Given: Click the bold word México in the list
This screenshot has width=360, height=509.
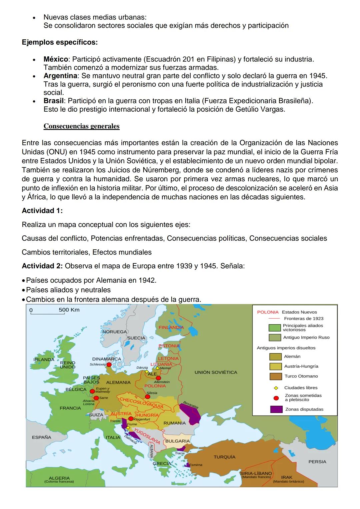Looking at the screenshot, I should point(56,59).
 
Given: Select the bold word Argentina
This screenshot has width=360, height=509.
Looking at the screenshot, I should point(60,76).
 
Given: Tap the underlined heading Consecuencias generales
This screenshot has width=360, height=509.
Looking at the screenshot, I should point(81,126).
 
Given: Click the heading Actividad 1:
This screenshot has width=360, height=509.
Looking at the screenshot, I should point(42,211).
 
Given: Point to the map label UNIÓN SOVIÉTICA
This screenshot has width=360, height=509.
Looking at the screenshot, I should point(216,372).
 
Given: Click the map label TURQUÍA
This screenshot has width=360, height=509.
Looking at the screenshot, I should point(224,457).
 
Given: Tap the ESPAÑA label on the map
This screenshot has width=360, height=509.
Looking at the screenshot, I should point(41,437).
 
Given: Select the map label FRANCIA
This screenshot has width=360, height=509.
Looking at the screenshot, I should point(70,408).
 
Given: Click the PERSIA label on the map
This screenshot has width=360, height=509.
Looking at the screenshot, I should point(317,462).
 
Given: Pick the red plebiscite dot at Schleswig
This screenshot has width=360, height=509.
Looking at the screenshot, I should point(109,365).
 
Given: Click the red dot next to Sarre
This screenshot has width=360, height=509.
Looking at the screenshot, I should point(96,398).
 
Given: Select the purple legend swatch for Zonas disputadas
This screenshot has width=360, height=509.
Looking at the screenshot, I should point(276,409).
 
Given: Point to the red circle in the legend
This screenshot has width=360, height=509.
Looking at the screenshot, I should point(276,398).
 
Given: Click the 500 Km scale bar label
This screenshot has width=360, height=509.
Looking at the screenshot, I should point(69,310).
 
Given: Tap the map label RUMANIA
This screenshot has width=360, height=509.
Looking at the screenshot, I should point(174,423).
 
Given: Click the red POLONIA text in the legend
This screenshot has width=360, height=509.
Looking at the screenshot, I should point(268,312).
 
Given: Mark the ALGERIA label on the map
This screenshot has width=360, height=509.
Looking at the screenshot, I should point(59,478).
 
